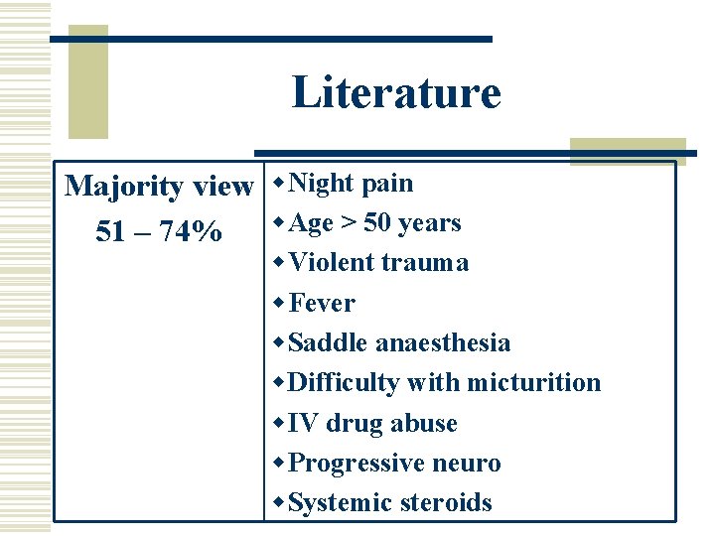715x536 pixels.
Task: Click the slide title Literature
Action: click(396, 93)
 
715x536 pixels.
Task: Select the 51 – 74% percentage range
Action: click(159, 232)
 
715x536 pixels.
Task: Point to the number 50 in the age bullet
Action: click(378, 222)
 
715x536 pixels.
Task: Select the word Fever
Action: click(322, 303)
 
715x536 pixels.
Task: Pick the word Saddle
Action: click(329, 343)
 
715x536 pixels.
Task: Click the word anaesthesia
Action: click(444, 343)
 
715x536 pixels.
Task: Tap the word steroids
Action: click(446, 503)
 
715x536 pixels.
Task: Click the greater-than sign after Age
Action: click(349, 223)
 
